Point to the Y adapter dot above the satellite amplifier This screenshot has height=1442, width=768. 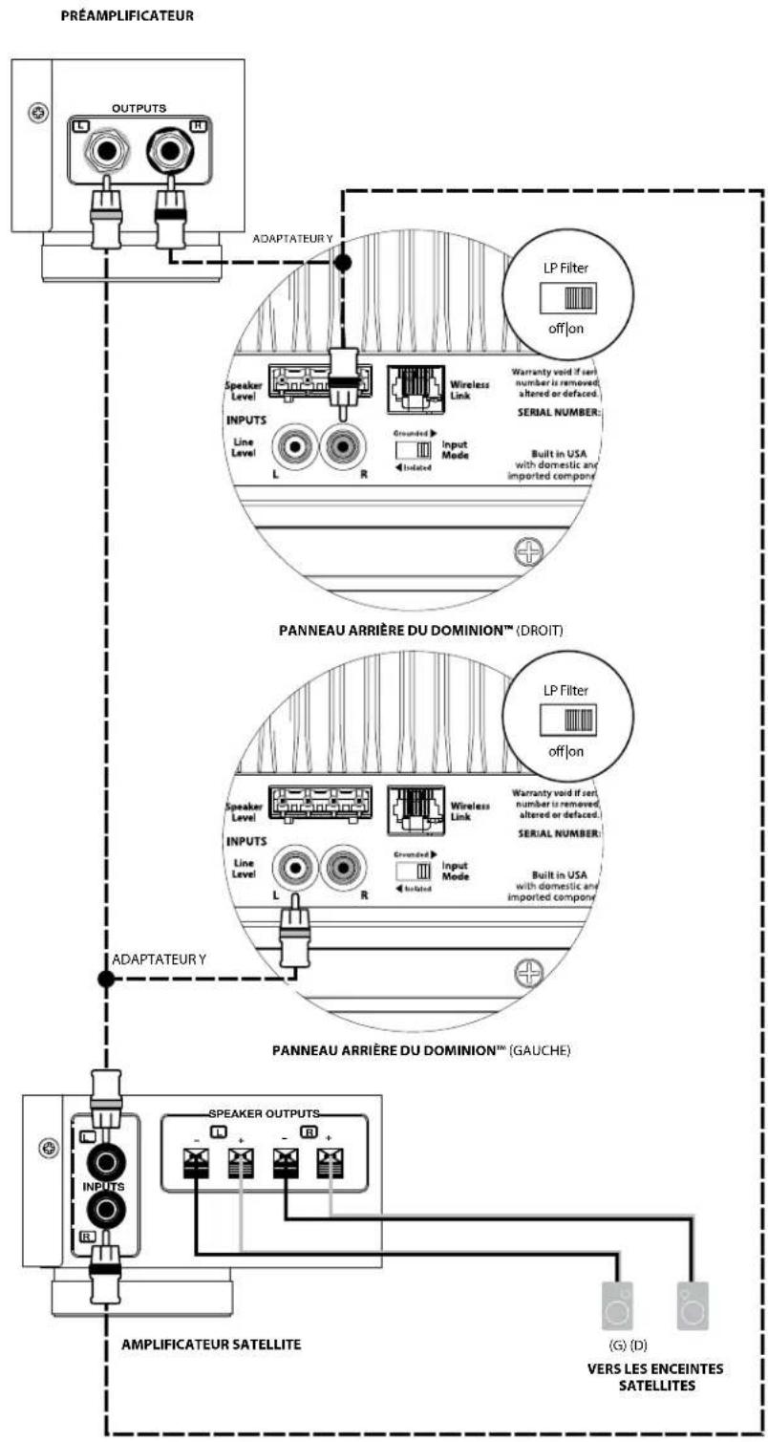click(105, 979)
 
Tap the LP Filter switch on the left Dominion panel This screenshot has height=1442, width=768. click(567, 718)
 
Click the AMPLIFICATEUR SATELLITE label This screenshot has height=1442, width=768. click(211, 1344)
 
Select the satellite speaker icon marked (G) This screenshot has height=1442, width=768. click(619, 1305)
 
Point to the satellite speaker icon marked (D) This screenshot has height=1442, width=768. click(693, 1305)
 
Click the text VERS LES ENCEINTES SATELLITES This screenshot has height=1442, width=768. click(654, 1377)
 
